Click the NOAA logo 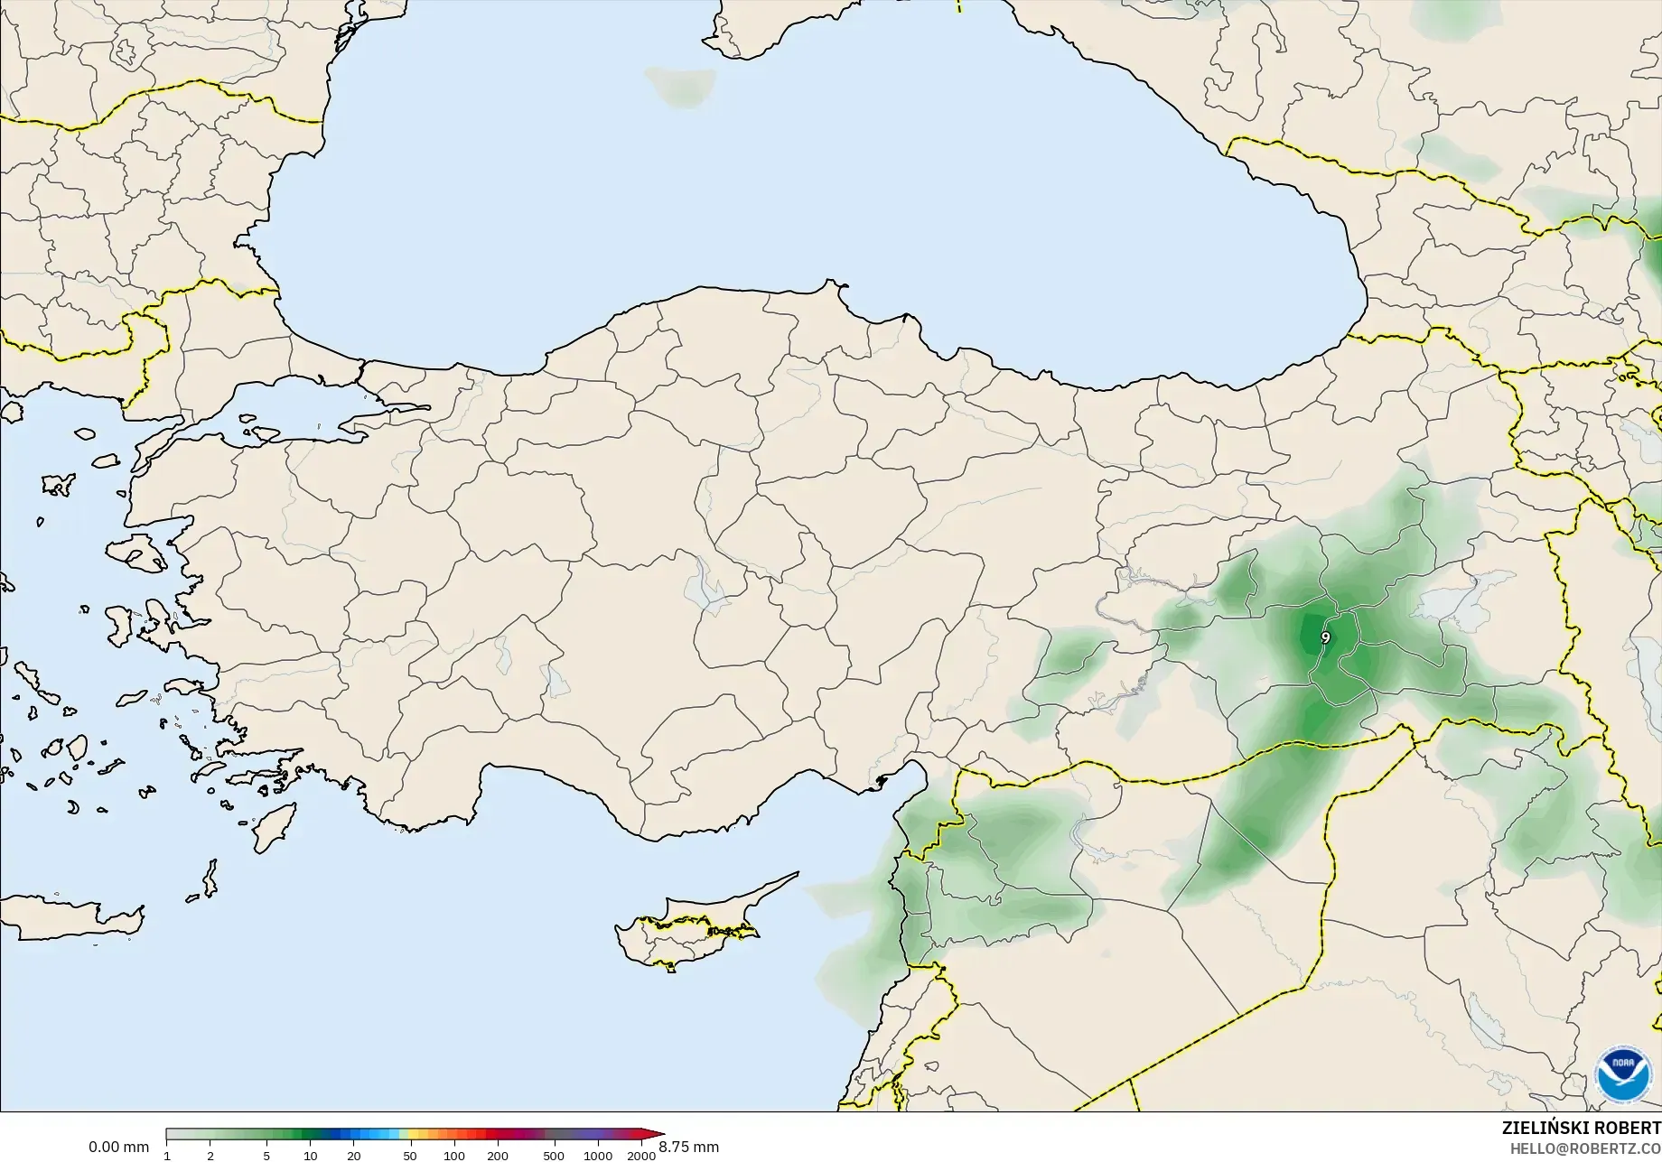coord(1622,1074)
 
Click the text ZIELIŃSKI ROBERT coord(1581,1128)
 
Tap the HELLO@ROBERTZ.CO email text coord(1586,1149)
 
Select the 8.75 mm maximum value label coord(689,1147)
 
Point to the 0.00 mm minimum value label coord(118,1147)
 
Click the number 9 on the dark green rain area coord(1325,637)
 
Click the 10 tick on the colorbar coord(310,1155)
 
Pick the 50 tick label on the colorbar coord(410,1155)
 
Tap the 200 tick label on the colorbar coord(498,1155)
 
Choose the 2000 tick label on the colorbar coord(641,1155)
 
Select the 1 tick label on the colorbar coord(167,1155)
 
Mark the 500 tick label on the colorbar coord(554,1155)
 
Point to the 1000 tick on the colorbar coord(598,1155)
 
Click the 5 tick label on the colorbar coord(266,1155)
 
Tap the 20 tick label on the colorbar coord(354,1155)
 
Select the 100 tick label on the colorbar coord(454,1155)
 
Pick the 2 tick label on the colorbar coord(210,1155)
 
